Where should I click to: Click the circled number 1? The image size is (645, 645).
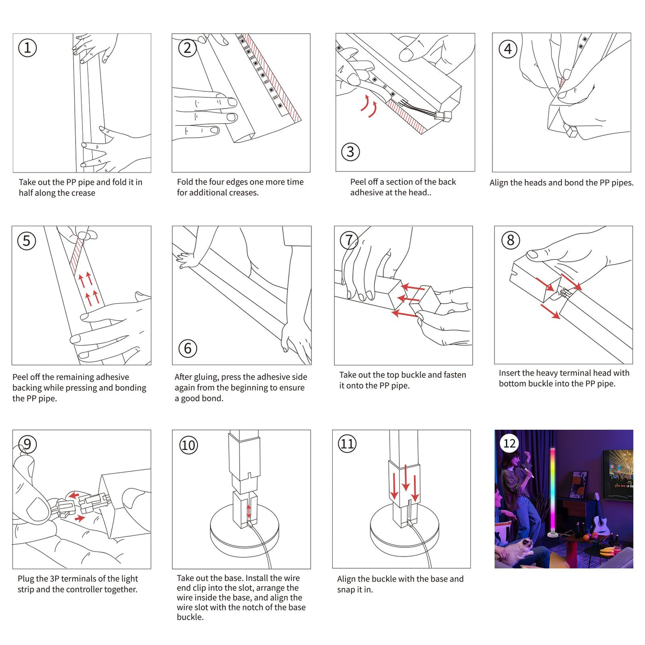(27, 48)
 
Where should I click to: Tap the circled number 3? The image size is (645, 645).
(350, 152)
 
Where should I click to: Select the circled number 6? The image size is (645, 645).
(188, 348)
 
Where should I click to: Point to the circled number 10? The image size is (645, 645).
(188, 445)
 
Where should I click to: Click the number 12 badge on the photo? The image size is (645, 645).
(509, 443)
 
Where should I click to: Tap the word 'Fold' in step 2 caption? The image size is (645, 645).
(185, 182)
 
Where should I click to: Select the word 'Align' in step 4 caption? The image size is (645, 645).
(499, 183)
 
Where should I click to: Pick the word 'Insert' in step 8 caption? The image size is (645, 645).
(510, 373)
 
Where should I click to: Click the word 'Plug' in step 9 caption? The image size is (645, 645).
(25, 579)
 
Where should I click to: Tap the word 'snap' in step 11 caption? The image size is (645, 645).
(346, 590)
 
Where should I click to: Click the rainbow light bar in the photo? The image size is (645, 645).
(552, 488)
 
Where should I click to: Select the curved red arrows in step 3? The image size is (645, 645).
(369, 106)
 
